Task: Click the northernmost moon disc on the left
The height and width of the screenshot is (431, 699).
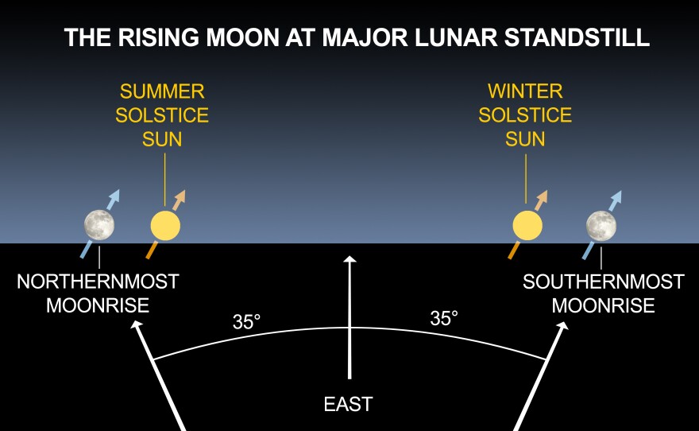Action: (99, 225)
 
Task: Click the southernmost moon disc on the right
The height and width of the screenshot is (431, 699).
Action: (601, 226)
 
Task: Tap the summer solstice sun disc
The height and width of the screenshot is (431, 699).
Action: (165, 226)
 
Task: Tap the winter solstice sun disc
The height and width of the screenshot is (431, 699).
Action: (527, 226)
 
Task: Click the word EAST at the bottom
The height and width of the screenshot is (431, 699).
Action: (348, 404)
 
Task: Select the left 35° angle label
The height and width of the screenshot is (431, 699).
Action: (246, 322)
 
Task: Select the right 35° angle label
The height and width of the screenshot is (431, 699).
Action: (444, 319)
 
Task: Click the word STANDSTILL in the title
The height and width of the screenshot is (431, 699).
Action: (577, 37)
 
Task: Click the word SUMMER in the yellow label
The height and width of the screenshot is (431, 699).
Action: (162, 91)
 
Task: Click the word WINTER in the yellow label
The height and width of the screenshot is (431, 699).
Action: (525, 91)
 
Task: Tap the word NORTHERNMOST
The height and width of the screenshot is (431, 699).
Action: (98, 282)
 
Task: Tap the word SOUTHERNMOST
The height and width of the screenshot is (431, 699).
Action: (604, 282)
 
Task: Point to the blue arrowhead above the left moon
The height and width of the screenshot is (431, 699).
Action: (114, 196)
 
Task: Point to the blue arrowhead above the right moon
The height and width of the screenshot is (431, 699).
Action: (616, 196)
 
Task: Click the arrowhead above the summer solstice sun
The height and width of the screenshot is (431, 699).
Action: (180, 196)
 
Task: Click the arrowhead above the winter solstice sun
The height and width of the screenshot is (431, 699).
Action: (542, 196)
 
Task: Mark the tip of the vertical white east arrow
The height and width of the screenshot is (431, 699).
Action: (350, 256)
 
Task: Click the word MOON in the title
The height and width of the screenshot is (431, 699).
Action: (243, 37)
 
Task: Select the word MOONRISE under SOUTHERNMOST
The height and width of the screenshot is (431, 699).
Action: (604, 306)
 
